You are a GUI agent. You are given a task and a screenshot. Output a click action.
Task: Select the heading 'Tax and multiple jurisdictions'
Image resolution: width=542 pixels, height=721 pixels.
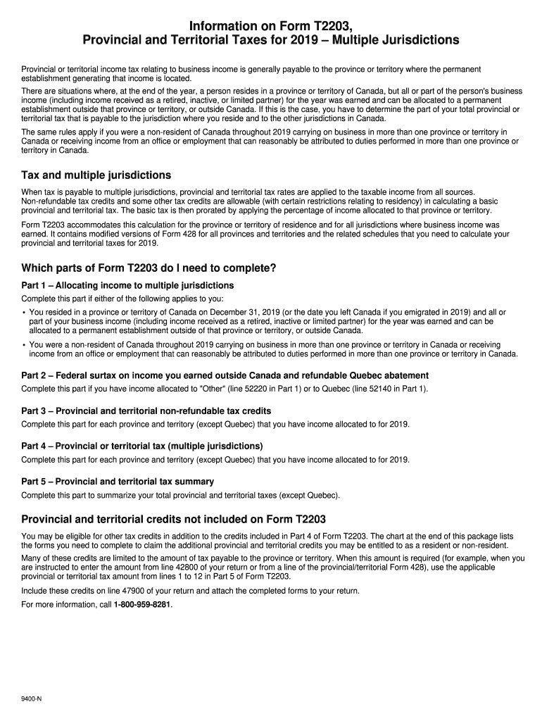(96, 175)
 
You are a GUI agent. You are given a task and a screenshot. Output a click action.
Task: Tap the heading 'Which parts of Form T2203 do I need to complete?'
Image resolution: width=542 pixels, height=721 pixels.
(149, 268)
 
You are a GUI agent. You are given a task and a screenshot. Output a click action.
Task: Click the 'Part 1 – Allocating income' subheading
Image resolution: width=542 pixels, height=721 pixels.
(127, 285)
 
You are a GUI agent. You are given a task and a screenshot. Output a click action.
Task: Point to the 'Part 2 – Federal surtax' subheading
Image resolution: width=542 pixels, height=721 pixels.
(225, 375)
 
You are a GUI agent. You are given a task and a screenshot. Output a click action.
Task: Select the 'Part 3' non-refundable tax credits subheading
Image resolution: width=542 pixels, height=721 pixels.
(146, 410)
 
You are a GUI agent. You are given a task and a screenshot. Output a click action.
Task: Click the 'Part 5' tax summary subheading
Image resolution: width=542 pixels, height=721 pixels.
(118, 482)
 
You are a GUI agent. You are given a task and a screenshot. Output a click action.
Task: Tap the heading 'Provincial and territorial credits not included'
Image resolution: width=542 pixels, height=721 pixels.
(174, 520)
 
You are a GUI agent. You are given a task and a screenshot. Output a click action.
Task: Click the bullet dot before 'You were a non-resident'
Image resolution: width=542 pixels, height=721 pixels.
(24, 345)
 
